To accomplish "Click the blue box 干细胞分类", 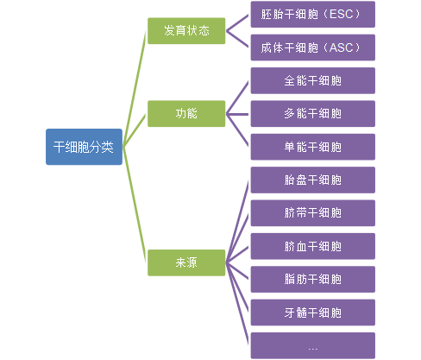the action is click(x=84, y=147).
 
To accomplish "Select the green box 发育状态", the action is click(x=186, y=31).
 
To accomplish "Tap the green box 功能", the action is click(x=186, y=114).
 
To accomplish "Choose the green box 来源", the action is click(x=186, y=262).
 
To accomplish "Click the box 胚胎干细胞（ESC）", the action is click(x=313, y=15).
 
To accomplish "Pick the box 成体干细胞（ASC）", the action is click(x=313, y=47).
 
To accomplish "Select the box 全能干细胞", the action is click(x=313, y=80).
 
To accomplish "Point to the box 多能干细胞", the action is click(x=313, y=114).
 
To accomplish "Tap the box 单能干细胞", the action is click(x=313, y=147).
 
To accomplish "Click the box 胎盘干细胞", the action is click(x=313, y=180).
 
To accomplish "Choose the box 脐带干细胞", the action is click(x=313, y=213).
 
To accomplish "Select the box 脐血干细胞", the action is click(x=313, y=246).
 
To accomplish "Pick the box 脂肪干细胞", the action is click(x=313, y=280).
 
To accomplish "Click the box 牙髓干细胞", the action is click(x=313, y=313).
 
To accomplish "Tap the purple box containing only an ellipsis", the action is click(x=313, y=345).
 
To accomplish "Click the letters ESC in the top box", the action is click(x=341, y=15).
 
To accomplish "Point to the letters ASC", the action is click(x=341, y=47).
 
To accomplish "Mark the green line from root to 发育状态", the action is click(x=135, y=89).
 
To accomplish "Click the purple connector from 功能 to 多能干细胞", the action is click(x=237, y=114).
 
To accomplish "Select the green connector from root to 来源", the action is click(x=135, y=205).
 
